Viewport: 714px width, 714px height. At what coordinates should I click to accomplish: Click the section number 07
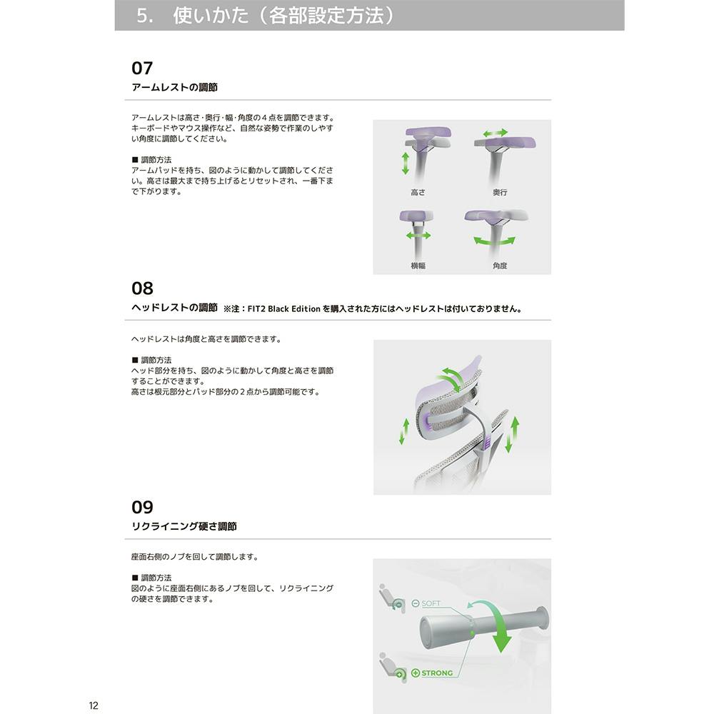point(142,69)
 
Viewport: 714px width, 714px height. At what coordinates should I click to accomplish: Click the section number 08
point(142,288)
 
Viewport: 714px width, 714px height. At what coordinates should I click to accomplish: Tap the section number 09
point(142,507)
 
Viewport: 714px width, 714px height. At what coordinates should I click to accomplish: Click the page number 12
point(94,706)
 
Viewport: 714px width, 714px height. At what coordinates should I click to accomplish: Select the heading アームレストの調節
point(174,87)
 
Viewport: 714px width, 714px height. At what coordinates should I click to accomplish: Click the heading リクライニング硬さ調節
point(184,526)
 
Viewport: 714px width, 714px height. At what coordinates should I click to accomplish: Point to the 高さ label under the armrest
point(418,193)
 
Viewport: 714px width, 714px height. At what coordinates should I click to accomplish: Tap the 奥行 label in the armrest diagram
point(500,193)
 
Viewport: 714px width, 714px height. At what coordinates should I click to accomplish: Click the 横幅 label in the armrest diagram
point(418,266)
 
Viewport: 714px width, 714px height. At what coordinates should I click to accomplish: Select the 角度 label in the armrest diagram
point(500,266)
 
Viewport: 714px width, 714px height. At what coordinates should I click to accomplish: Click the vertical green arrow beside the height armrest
point(405,164)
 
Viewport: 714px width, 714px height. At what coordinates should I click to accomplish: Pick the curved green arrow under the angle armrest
point(494,241)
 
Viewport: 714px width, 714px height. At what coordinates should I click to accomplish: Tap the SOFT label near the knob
point(431,603)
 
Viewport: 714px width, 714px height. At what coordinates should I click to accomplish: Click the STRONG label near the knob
point(437,673)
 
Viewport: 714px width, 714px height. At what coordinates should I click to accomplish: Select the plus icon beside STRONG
point(416,673)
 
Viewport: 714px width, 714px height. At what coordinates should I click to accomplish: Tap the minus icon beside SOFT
point(416,603)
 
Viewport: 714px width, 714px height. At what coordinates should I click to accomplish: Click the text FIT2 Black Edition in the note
point(283,308)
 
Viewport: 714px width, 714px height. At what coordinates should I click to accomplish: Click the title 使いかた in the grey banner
point(211,16)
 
